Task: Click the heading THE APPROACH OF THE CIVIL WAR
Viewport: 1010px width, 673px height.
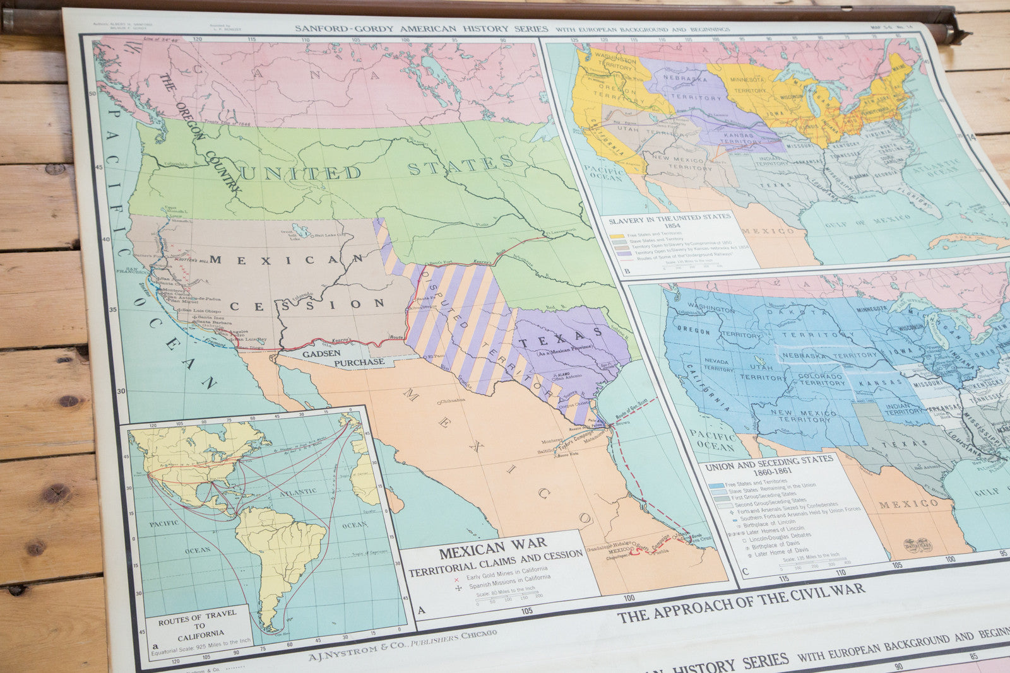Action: (740, 602)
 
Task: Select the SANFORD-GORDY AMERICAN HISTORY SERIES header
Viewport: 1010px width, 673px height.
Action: (422, 28)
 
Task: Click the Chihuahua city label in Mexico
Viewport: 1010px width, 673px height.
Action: (452, 400)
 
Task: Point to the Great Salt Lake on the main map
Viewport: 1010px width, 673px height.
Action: (300, 230)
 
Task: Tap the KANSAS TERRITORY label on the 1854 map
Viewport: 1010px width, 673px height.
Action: (743, 139)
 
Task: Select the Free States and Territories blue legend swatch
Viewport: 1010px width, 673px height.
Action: (715, 486)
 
